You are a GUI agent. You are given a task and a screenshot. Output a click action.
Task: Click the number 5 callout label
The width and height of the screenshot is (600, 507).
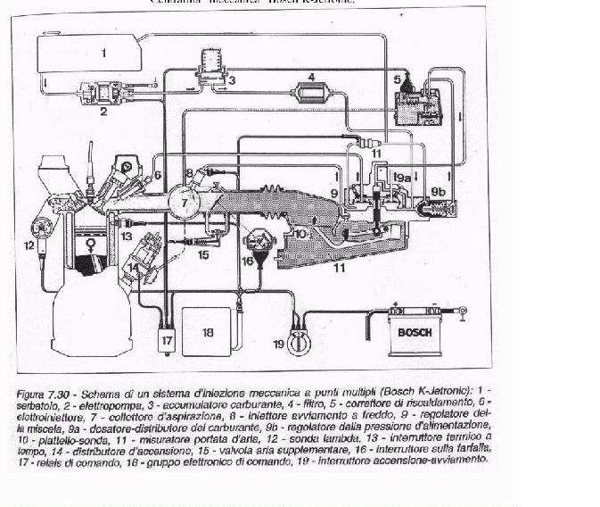(397, 79)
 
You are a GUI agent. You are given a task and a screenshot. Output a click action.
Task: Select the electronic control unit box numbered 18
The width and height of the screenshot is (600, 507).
(208, 330)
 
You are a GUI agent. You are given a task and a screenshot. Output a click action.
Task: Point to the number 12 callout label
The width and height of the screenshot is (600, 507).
(29, 243)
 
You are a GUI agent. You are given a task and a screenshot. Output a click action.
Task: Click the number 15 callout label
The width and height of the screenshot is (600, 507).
(202, 254)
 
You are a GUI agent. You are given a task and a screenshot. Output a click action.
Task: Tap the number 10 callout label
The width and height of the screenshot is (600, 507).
(301, 235)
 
